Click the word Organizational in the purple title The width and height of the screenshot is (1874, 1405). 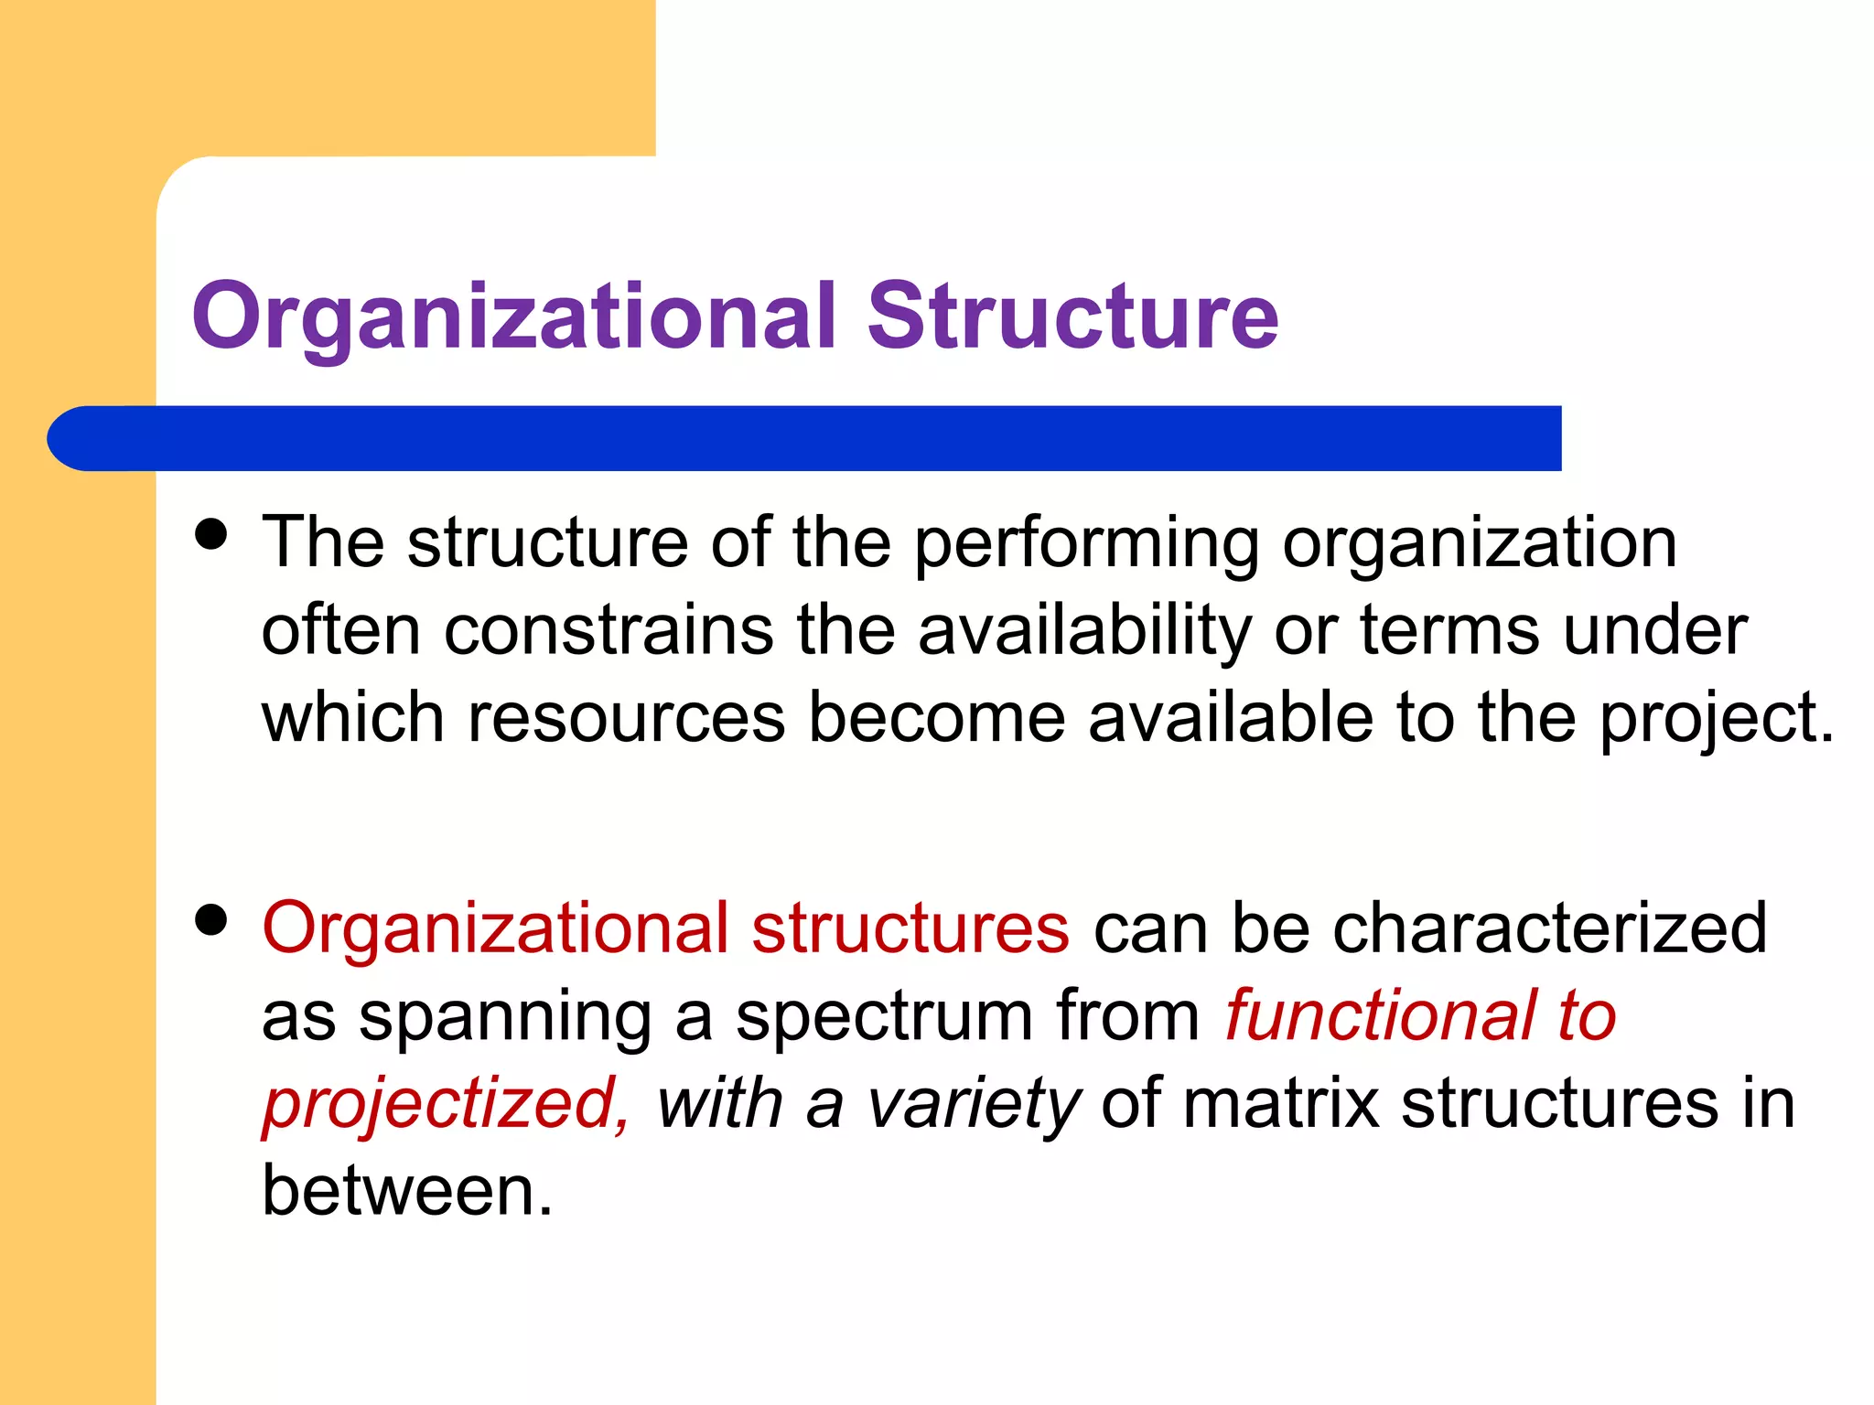tap(513, 316)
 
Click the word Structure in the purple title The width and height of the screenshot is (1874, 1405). tap(1072, 316)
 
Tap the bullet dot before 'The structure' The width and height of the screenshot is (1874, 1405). tap(211, 534)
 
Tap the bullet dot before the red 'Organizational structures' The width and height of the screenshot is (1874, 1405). tap(211, 920)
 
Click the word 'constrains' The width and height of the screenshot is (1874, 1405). tap(609, 631)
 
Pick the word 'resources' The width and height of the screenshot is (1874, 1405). tap(627, 718)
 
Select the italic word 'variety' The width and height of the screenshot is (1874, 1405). tap(974, 1105)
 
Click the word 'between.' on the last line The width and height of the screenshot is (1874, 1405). tap(407, 1191)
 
